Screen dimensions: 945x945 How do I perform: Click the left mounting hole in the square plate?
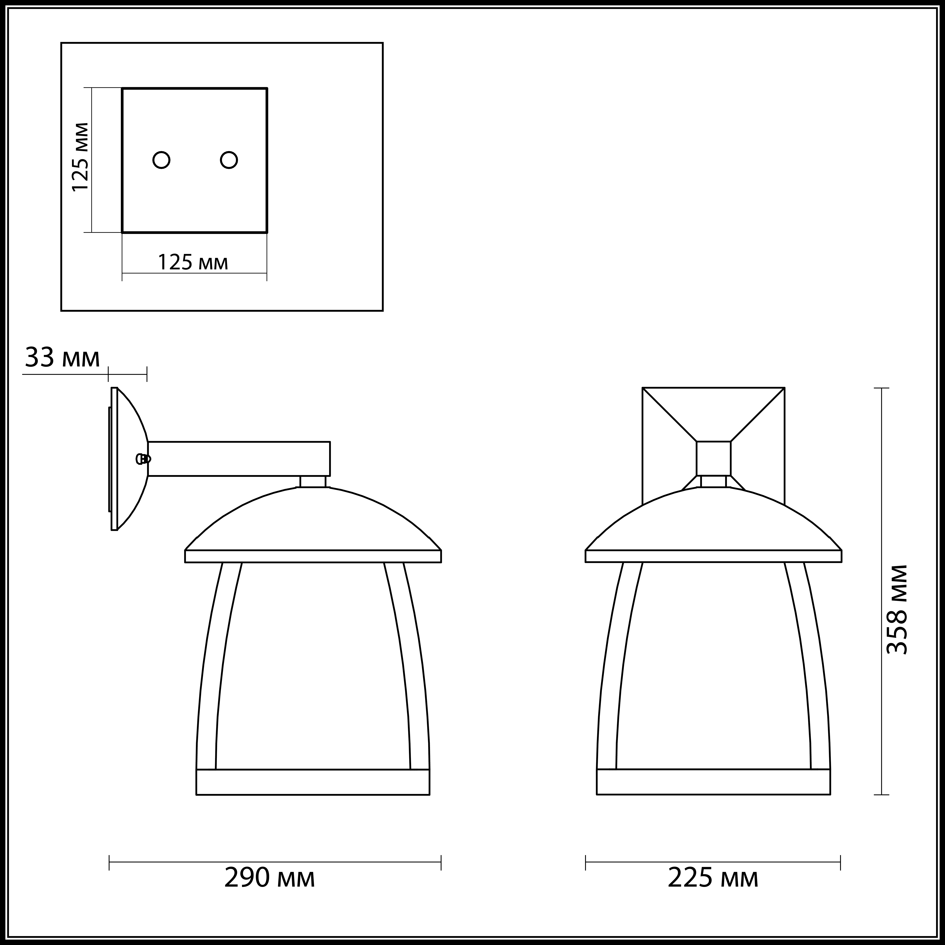(161, 160)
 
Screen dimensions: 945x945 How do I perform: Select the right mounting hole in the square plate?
(229, 160)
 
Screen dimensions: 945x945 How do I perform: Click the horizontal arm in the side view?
(239, 459)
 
